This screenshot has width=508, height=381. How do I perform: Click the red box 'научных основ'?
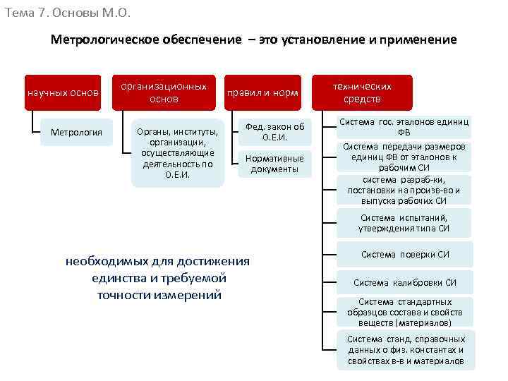pos(62,92)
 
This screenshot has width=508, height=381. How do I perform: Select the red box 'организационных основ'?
pos(164,92)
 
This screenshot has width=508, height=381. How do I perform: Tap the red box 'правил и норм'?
pos(262,92)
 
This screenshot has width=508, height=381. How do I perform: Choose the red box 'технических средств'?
pos(363,92)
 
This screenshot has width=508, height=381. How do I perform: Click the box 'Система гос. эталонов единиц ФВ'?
pos(404,127)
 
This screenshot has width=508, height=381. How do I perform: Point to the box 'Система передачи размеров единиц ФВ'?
pos(404,157)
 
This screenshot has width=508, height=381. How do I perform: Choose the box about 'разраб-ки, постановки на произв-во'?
pos(404,190)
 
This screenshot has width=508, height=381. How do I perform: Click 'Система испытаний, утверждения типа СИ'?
pos(404,223)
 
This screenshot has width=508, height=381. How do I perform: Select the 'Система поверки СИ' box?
pos(405,255)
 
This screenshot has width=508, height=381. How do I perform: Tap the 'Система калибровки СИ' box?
pos(405,283)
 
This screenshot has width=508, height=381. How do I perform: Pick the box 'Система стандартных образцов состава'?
pos(405,312)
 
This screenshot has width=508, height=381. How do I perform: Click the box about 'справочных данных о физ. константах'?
pos(405,350)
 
